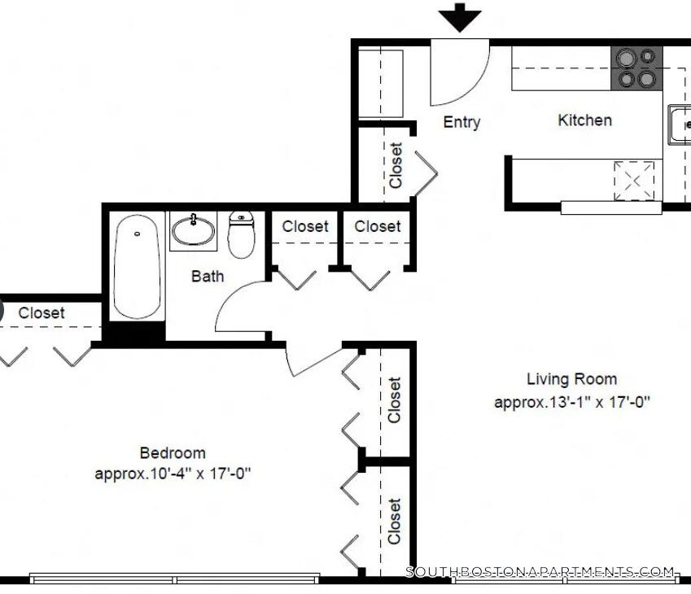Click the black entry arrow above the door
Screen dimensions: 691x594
pos(460,18)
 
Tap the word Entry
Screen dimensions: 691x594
pos(461,122)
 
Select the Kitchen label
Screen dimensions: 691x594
pos(585,120)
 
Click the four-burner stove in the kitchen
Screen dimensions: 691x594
pos(636,68)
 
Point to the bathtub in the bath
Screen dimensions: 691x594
pos(137,266)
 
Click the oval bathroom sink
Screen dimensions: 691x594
pos(193,230)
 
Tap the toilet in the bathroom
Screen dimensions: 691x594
pos(241,234)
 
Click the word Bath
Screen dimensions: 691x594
pos(208,277)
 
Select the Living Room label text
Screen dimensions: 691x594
pos(571,379)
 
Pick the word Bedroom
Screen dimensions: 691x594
pos(173,452)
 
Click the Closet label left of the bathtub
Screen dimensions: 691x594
pos(42,312)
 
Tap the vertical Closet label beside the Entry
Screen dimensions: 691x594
pos(396,165)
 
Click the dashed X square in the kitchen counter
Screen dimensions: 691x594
pos(634,181)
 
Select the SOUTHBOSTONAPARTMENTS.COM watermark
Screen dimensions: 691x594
pos(540,572)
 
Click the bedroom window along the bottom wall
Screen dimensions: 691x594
pos(174,579)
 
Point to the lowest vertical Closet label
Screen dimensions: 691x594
pos(394,521)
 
